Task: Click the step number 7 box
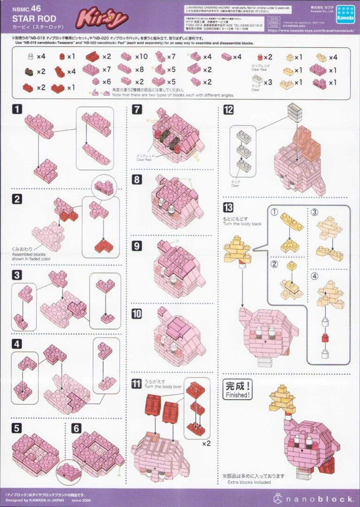coord(136,110)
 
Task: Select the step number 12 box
coord(229,110)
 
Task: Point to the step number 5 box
coord(17,428)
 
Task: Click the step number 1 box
coord(17,110)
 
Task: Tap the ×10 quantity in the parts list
coord(141,57)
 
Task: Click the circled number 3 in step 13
coord(315,212)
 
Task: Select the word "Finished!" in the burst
coord(237,395)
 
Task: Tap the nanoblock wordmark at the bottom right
coord(317,498)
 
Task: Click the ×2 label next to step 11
coord(206,443)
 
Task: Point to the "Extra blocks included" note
coord(249,482)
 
